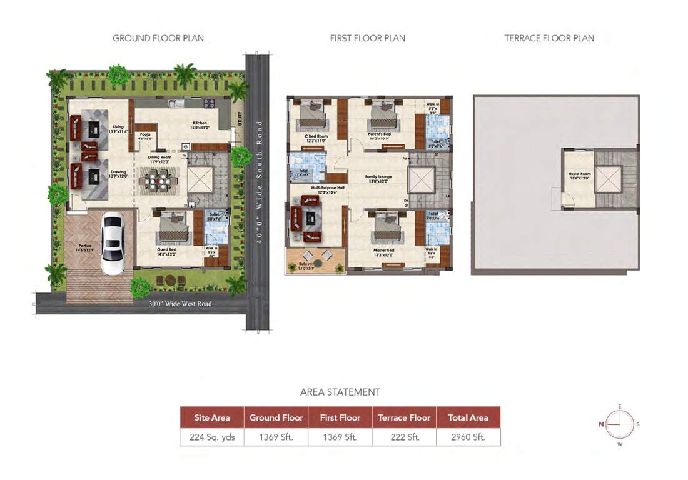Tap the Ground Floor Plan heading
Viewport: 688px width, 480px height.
click(158, 38)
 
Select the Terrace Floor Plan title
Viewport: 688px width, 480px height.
click(549, 38)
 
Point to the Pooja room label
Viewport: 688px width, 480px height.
click(144, 135)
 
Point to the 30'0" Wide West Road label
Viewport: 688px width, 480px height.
click(180, 304)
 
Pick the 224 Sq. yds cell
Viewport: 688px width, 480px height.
click(212, 437)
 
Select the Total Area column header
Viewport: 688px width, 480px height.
click(468, 417)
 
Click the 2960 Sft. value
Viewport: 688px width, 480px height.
click(468, 437)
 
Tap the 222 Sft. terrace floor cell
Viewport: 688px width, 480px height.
click(404, 437)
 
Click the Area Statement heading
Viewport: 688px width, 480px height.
click(340, 392)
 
